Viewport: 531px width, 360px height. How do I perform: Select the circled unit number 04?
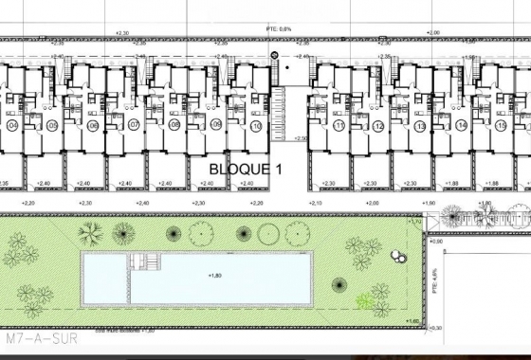tap(12, 125)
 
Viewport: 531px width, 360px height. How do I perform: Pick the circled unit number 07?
tap(134, 125)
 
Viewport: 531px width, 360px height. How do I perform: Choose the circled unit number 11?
tap(339, 125)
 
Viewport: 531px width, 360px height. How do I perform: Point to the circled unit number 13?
tap(420, 125)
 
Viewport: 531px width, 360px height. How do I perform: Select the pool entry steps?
tap(145, 261)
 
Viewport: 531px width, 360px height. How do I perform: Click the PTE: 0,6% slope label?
tap(275, 29)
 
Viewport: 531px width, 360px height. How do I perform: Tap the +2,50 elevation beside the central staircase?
tap(301, 139)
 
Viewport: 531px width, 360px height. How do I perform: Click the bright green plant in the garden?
tap(365, 301)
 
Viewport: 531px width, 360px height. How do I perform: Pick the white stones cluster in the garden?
tap(399, 256)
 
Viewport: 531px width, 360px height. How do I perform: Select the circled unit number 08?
tap(174, 125)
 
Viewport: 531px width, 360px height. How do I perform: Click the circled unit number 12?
tap(378, 125)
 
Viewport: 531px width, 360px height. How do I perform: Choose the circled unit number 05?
tap(53, 125)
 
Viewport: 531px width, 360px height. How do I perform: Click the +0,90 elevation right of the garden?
tap(438, 243)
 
